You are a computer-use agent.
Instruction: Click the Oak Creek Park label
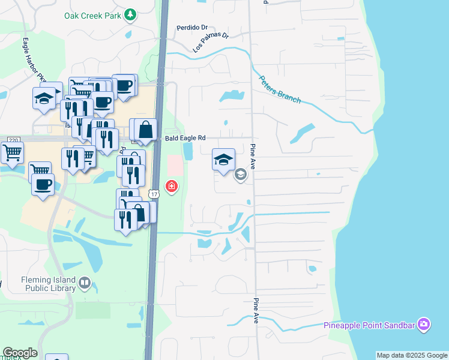(x=94, y=14)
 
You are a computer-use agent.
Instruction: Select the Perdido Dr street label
(x=191, y=28)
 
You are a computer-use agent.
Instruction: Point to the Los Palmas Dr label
(x=211, y=43)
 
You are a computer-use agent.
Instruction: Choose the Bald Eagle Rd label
(x=185, y=138)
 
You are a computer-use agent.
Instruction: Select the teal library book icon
(x=85, y=283)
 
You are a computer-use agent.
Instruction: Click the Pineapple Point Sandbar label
(x=369, y=325)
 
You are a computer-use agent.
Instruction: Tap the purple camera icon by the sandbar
(x=424, y=325)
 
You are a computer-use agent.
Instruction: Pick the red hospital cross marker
(x=172, y=187)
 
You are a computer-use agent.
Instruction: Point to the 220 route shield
(x=13, y=140)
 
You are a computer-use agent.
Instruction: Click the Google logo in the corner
(x=20, y=353)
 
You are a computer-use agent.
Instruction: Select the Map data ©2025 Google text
(x=411, y=355)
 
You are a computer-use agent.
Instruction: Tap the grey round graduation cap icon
(x=241, y=175)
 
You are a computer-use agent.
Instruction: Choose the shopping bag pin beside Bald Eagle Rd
(x=146, y=129)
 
